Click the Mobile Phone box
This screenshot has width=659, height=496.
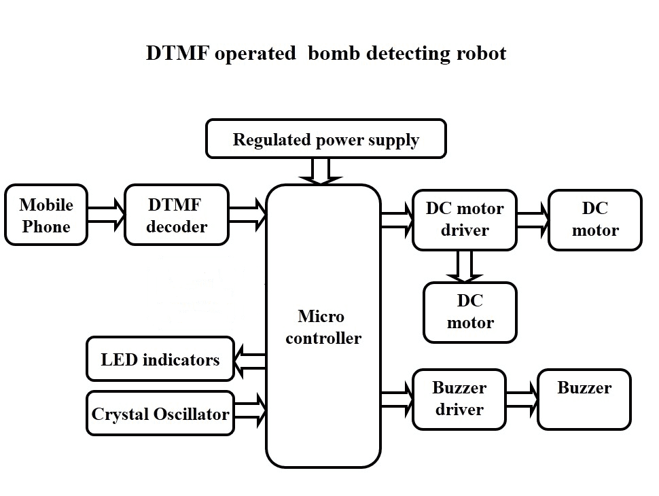[46, 215]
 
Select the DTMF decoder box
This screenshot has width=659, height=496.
[176, 215]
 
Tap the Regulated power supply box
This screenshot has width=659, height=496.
[325, 140]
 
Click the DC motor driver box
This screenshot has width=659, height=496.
[464, 219]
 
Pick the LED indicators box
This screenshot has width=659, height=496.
[160, 359]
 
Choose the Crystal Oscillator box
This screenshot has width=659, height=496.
[160, 413]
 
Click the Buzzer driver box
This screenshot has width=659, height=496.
[459, 399]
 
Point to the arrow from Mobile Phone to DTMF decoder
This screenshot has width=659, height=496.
[107, 215]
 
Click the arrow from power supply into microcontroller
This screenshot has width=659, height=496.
[321, 171]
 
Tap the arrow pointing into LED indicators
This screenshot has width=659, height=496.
[249, 360]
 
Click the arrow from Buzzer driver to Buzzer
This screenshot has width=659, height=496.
[522, 399]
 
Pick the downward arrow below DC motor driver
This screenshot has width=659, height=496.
[465, 266]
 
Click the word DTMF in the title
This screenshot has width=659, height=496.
[177, 54]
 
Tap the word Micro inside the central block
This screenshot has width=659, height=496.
[321, 317]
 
